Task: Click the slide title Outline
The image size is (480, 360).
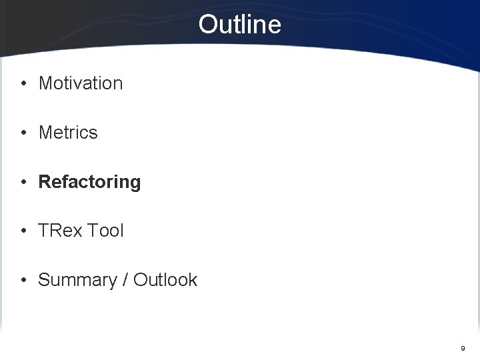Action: [239, 25]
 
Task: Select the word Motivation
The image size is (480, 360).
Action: [81, 83]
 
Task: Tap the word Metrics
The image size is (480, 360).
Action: [68, 133]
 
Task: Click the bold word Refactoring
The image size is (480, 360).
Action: [89, 182]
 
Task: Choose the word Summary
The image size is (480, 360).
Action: [77, 280]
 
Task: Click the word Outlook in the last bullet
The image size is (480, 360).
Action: [165, 280]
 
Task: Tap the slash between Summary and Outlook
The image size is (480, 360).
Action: [125, 280]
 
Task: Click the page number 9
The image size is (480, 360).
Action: [463, 348]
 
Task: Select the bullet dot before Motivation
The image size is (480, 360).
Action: [23, 84]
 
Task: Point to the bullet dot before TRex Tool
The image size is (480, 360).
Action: [23, 231]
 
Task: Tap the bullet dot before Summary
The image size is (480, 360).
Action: [23, 281]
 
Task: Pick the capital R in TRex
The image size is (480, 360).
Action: [53, 231]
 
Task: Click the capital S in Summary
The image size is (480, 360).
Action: [44, 280]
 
